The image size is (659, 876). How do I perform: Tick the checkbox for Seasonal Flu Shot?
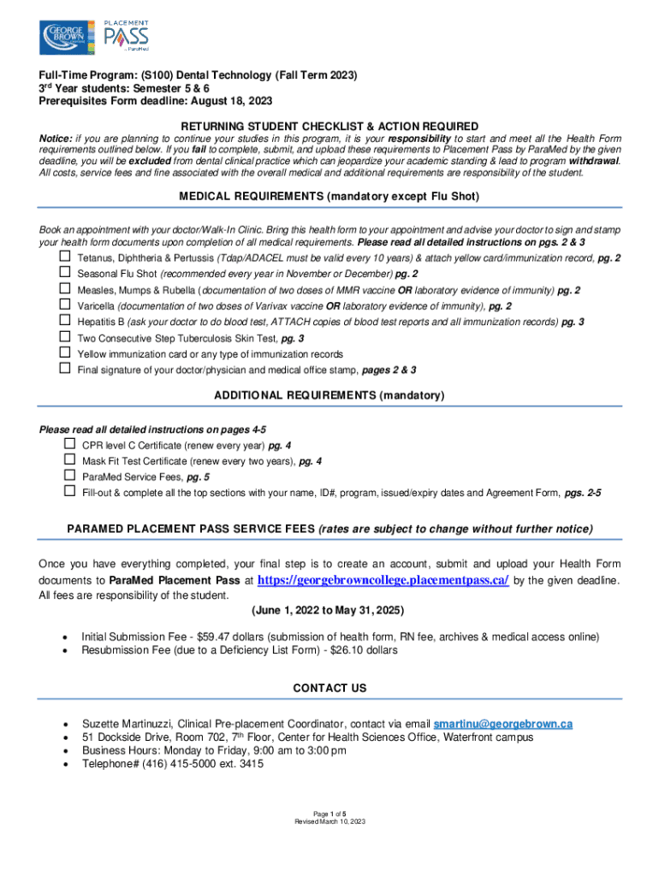(64, 273)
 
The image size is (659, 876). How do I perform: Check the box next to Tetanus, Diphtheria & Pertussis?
(64, 257)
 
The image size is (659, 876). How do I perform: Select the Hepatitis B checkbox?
(64, 321)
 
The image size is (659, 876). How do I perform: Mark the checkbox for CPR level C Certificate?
(69, 445)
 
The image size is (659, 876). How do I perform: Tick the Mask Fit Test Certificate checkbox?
(69, 461)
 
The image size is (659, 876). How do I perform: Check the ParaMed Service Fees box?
(69, 476)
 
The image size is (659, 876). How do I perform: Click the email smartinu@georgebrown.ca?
(503, 724)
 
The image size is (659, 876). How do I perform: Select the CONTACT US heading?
(329, 688)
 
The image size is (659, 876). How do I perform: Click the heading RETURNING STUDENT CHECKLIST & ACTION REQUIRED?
(329, 126)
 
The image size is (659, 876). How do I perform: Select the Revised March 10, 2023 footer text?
(329, 821)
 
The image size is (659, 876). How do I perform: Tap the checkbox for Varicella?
(64, 305)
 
